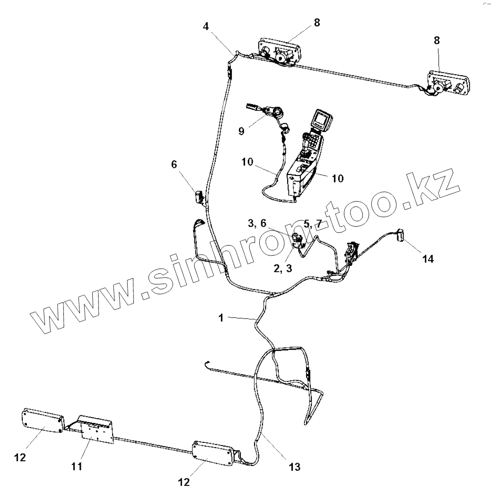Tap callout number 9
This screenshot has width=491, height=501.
click(241, 131)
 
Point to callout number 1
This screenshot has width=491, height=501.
click(221, 318)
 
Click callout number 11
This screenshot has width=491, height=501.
click(77, 466)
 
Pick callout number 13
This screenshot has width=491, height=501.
click(294, 467)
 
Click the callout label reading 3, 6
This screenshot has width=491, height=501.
click(257, 223)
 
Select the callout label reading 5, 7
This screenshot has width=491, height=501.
click(312, 223)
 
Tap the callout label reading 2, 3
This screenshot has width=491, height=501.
click(283, 268)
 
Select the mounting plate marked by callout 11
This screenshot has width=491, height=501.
click(97, 431)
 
